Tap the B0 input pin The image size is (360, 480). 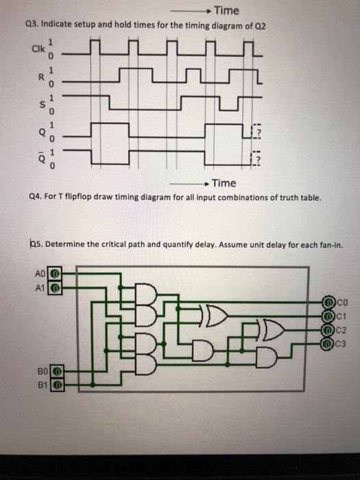point(58,372)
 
